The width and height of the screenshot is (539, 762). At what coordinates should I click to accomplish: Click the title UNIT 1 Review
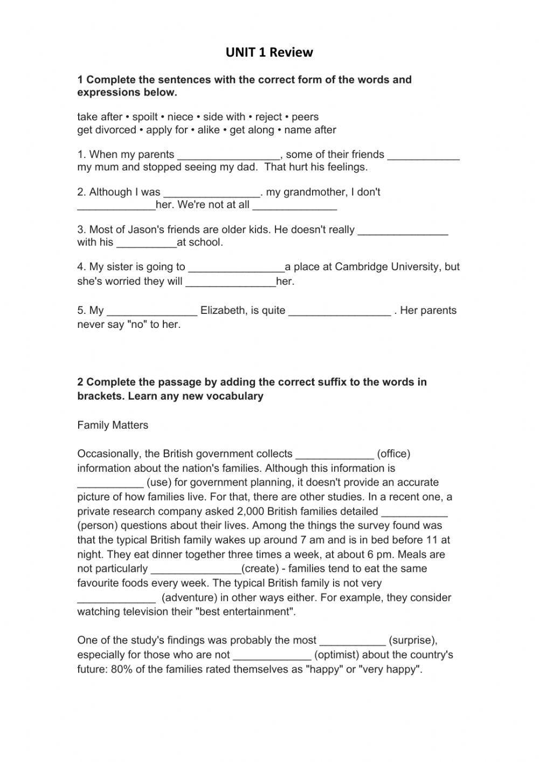(269, 52)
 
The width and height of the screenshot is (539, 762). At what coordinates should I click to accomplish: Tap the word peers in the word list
(305, 117)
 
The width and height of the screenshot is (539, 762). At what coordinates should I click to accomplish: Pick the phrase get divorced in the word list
(107, 130)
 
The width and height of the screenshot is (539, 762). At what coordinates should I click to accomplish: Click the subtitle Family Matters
(113, 425)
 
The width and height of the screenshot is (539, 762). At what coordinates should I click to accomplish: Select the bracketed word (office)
(393, 454)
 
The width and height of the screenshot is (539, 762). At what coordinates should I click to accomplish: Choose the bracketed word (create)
(260, 569)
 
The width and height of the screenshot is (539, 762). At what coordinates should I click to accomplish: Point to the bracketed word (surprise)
(412, 641)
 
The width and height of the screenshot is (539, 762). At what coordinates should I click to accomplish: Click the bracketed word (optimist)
(340, 655)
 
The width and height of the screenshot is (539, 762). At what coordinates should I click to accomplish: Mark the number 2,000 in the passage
(250, 511)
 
